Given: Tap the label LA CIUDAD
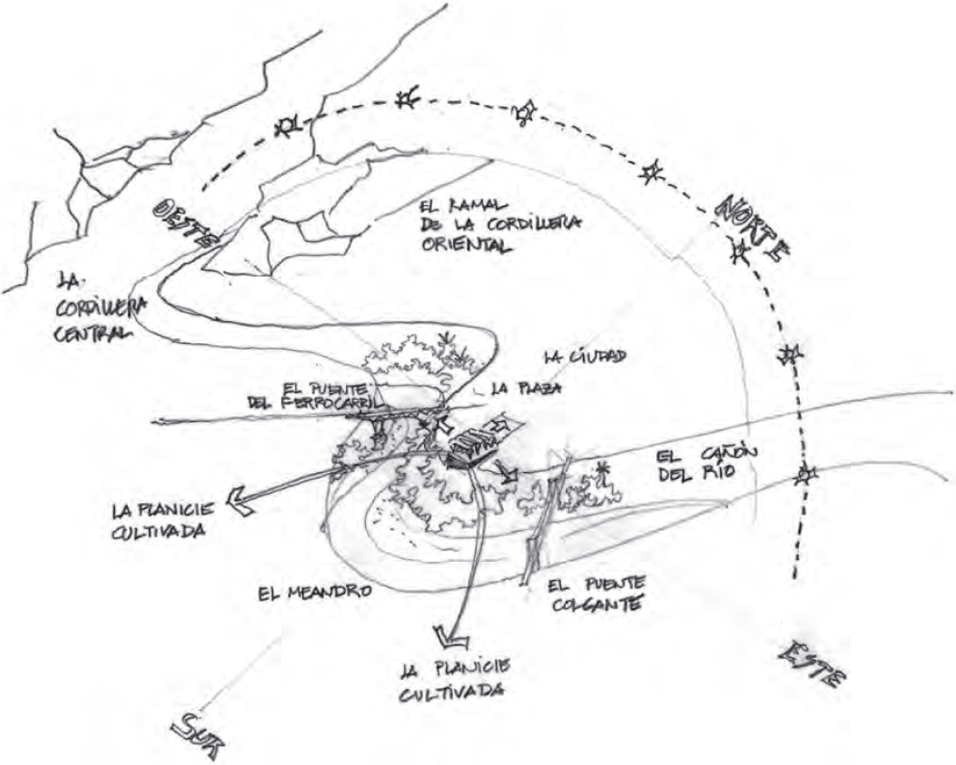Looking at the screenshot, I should pyautogui.click(x=585, y=356).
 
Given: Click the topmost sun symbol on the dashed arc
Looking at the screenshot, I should pyautogui.click(x=408, y=99).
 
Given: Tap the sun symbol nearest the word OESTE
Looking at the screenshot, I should pyautogui.click(x=286, y=125).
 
